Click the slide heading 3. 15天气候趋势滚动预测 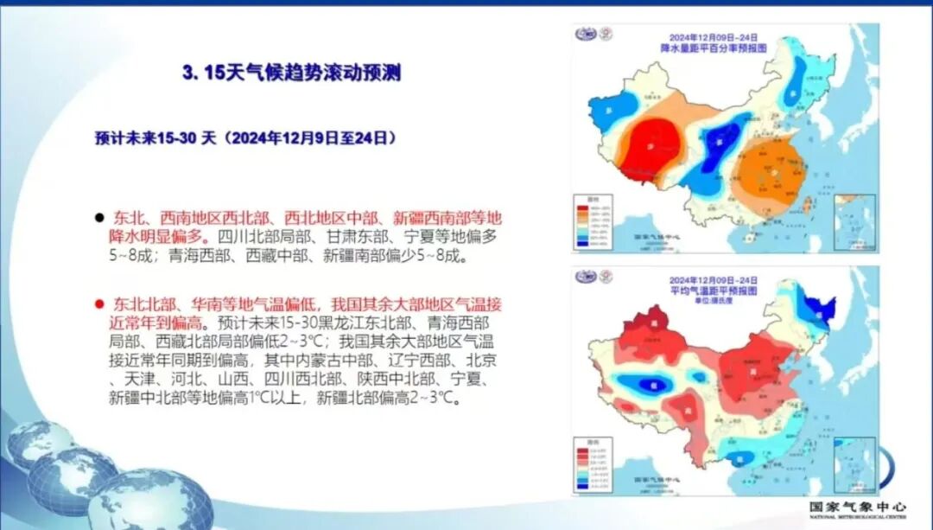point(291,73)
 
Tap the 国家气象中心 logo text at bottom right point(858,507)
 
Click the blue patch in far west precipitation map point(612,110)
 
